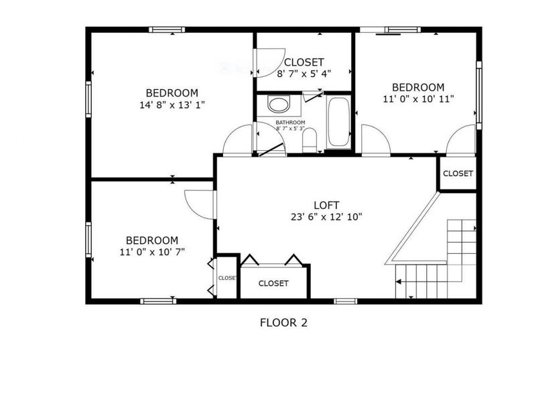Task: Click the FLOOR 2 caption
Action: [x=283, y=322]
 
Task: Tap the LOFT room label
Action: [x=326, y=205]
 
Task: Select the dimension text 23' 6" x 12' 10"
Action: [x=326, y=216]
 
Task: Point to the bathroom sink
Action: [x=277, y=105]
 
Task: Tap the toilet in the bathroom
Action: [x=310, y=139]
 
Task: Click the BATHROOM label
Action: [x=290, y=123]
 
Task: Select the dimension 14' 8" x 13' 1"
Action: [x=172, y=105]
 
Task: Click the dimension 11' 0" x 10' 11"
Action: [x=417, y=98]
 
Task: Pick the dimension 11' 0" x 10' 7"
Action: [x=152, y=252]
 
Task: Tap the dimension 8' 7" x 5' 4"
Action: [x=304, y=73]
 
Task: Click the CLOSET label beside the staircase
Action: [x=458, y=174]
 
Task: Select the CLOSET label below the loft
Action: [x=273, y=283]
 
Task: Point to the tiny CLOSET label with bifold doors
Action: [x=226, y=278]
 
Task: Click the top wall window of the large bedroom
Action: [x=167, y=29]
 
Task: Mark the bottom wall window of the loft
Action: [x=346, y=301]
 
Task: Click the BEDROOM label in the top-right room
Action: [x=417, y=87]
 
